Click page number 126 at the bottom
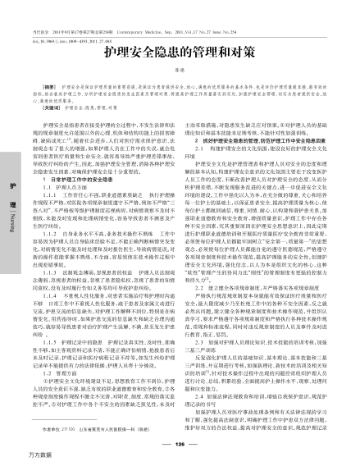tap(181, 420)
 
